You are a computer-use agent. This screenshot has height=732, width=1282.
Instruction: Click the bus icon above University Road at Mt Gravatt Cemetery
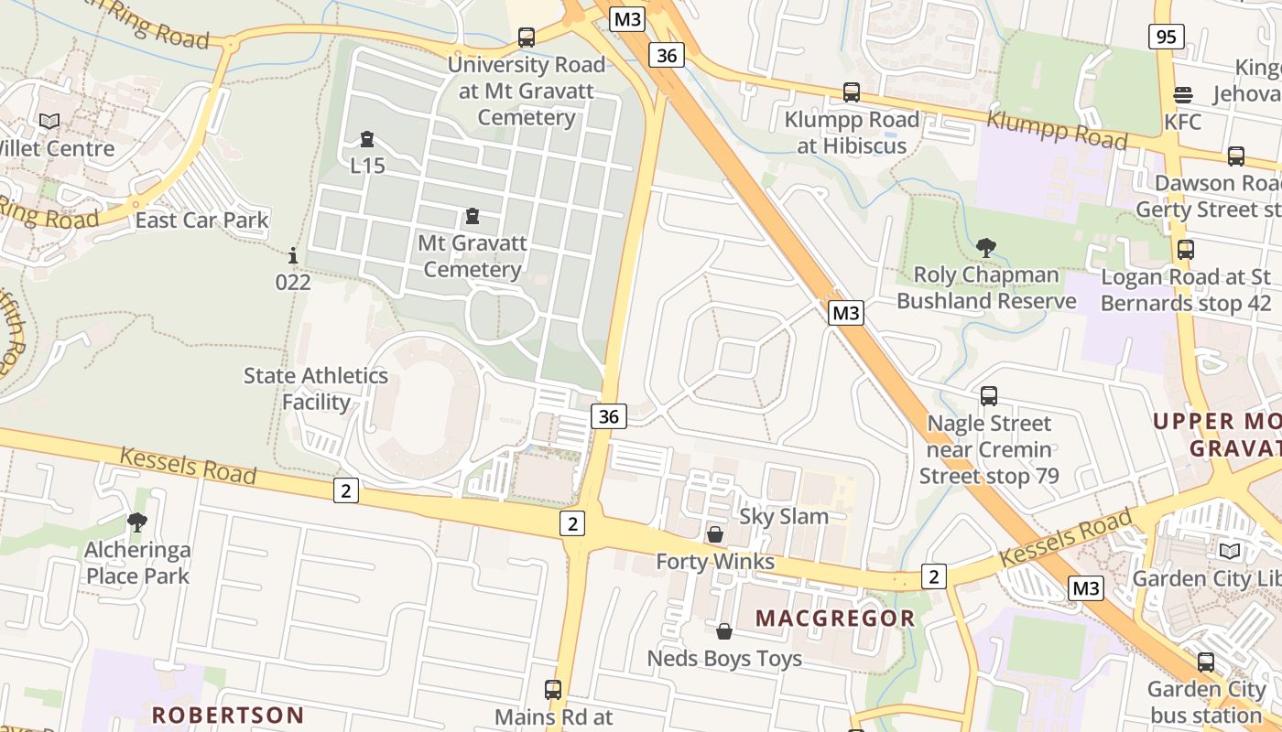[x=526, y=38]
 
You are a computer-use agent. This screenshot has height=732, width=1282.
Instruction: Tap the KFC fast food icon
[x=1183, y=95]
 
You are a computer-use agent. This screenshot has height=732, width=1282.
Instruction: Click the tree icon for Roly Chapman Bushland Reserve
[x=986, y=247]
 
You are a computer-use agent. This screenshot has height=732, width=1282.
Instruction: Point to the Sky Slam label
[x=784, y=516]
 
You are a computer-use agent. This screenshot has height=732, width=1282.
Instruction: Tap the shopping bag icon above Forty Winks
[x=715, y=534]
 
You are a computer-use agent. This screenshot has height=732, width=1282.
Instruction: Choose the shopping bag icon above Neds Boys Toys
[x=724, y=631]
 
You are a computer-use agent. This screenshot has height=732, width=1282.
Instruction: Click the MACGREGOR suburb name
[x=835, y=619]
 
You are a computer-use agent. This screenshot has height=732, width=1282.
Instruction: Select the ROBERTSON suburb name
[x=228, y=715]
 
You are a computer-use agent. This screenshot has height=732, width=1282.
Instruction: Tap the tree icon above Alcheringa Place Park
[x=137, y=522]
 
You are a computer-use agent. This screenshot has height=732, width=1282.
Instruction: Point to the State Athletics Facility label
[x=316, y=389]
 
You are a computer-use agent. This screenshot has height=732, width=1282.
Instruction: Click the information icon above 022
[x=293, y=255]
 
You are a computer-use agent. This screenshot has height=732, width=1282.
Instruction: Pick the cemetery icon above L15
[x=367, y=139]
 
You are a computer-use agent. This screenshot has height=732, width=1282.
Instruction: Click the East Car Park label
[x=202, y=221]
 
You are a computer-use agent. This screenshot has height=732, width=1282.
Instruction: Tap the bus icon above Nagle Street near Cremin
[x=989, y=396]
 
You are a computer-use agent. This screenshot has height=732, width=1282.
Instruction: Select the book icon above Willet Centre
[x=49, y=121]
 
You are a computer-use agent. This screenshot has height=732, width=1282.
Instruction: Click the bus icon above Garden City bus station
[x=1206, y=662]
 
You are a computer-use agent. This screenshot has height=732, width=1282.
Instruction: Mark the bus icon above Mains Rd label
[x=553, y=690]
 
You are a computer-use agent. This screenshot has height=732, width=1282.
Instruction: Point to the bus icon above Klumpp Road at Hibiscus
[x=852, y=92]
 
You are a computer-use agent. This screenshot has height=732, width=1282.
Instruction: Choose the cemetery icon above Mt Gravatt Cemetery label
[x=473, y=216]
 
